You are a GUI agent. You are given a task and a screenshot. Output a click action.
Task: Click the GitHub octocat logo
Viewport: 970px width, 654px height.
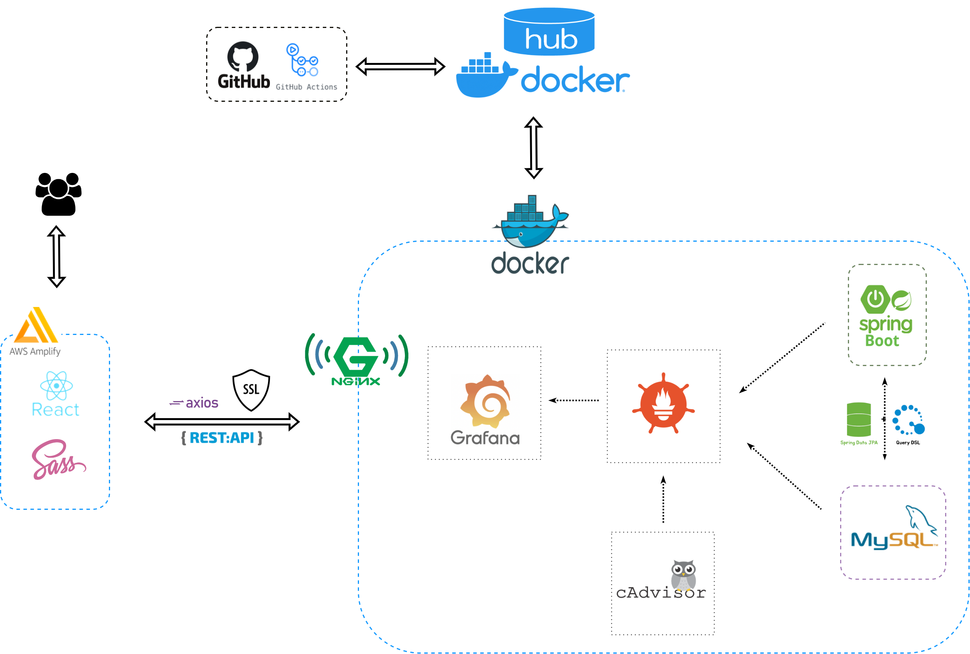243,57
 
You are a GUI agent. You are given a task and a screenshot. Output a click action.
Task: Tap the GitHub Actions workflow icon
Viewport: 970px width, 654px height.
302,60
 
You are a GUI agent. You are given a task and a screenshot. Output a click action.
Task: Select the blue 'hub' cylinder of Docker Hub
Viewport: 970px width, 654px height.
549,32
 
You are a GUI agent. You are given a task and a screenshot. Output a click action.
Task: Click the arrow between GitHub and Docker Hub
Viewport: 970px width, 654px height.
400,67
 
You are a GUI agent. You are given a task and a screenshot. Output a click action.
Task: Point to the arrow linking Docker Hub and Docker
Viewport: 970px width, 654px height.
533,148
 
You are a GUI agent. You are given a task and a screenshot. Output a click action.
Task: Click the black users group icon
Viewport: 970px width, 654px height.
58,194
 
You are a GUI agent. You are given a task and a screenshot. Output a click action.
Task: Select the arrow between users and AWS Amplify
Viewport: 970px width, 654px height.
56,256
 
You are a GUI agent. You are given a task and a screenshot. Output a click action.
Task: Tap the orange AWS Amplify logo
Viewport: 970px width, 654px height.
36,325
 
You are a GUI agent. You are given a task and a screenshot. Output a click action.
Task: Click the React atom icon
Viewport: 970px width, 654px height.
56,386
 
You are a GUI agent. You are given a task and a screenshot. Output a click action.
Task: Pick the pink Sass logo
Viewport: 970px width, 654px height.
59,459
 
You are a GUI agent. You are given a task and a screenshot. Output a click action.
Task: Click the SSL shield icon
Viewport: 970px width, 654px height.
251,390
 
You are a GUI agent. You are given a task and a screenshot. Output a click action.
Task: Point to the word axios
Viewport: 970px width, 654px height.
202,403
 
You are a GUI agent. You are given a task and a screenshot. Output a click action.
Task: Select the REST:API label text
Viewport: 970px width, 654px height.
222,438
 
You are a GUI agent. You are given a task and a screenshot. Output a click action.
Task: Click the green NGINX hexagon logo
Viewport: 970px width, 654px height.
356,357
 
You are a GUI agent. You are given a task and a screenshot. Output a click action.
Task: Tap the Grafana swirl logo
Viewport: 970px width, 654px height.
485,401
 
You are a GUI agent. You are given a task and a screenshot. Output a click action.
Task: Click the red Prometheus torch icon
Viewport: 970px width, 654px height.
663,403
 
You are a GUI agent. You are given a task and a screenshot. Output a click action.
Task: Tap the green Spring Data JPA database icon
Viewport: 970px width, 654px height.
858,420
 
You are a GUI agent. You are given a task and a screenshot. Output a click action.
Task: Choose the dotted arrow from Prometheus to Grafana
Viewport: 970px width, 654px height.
574,400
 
